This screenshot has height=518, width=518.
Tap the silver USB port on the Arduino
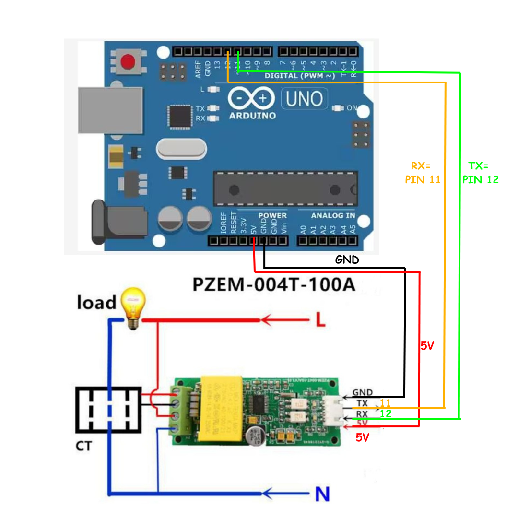pyautogui.click(x=111, y=111)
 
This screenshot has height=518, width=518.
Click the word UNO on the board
pyautogui.click(x=304, y=99)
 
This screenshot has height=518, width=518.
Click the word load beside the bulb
pyautogui.click(x=96, y=303)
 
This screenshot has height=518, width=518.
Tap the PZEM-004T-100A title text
pyautogui.click(x=273, y=284)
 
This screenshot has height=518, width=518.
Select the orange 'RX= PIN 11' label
pyautogui.click(x=423, y=173)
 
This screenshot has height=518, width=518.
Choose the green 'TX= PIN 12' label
pyautogui.click(x=480, y=173)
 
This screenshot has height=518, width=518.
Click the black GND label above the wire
pyautogui.click(x=347, y=259)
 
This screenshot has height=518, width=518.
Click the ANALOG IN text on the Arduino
pyautogui.click(x=333, y=216)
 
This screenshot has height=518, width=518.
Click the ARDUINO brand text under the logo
pyautogui.click(x=252, y=116)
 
